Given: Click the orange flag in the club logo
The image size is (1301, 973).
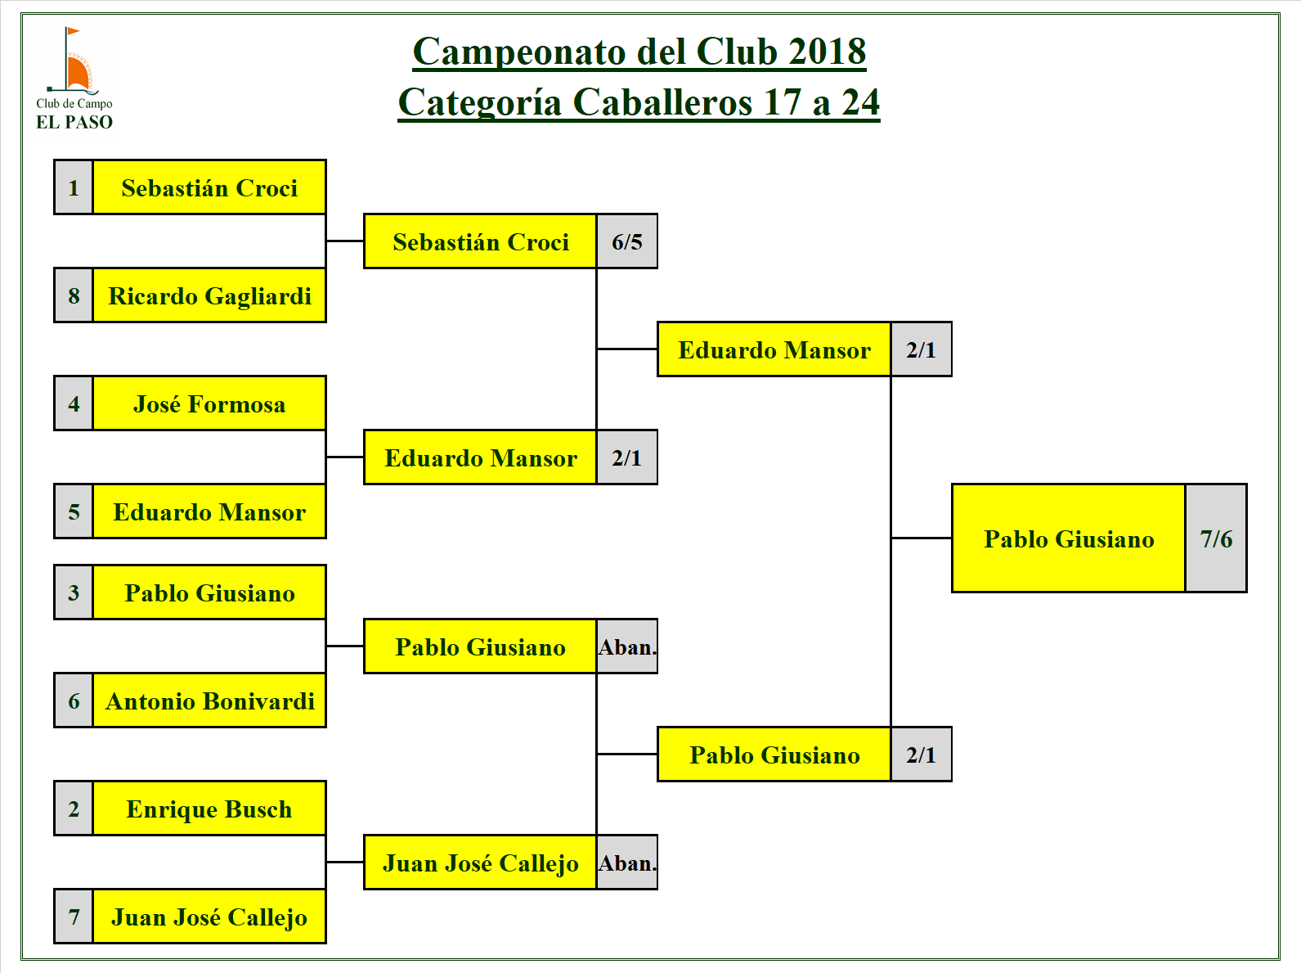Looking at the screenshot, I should (x=73, y=32).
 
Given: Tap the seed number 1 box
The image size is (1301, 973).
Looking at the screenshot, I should (x=74, y=188).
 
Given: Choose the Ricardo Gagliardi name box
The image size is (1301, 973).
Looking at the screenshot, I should (x=209, y=295).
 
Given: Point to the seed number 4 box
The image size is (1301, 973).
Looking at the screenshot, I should (x=74, y=403).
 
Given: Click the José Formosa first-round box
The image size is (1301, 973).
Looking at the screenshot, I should (x=209, y=403).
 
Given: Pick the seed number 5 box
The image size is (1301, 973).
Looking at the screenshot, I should (x=74, y=511).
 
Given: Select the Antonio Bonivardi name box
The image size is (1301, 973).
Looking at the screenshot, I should (x=209, y=700).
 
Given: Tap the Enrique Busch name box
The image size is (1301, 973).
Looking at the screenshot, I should (x=209, y=809).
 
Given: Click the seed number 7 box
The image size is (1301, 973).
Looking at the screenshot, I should (x=74, y=917).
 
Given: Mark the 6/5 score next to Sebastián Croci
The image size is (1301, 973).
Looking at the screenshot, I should (x=627, y=241).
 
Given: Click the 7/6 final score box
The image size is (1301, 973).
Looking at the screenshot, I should (x=1216, y=538).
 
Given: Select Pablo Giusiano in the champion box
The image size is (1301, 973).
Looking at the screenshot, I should (x=1069, y=538).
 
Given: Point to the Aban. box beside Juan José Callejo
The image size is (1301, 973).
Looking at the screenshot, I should (x=627, y=863).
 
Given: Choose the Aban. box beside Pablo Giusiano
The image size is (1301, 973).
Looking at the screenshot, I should (x=627, y=646).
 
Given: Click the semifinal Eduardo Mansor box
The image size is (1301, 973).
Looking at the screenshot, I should (x=774, y=349).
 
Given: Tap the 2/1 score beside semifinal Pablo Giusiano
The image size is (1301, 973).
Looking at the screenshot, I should (x=921, y=755).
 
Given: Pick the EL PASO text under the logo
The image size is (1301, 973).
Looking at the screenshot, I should (x=74, y=122).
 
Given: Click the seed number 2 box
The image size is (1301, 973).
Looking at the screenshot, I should (x=74, y=809).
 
